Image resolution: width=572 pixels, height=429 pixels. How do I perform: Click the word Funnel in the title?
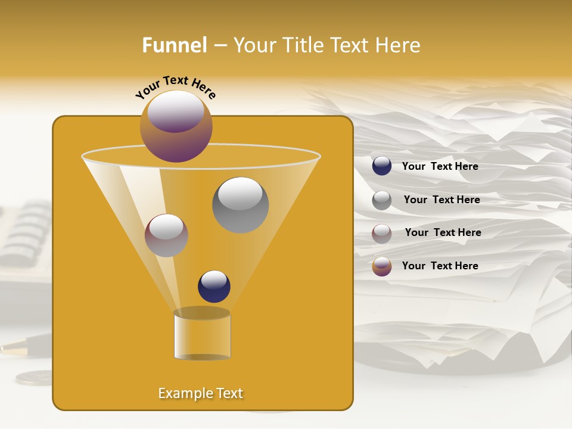174,45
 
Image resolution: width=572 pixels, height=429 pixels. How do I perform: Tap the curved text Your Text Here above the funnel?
175,86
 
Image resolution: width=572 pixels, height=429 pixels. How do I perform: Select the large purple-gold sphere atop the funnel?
176,126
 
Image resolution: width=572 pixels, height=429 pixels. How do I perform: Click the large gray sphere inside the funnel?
240,204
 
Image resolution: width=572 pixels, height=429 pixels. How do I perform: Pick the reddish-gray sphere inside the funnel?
166,235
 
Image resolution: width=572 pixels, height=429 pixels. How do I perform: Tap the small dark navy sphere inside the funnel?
214,286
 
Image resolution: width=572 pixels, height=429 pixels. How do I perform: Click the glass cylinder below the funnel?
202,335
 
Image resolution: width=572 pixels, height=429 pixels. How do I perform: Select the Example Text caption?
201,393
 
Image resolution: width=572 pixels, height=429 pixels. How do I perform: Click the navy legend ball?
382,166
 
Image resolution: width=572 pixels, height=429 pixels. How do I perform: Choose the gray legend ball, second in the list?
382,200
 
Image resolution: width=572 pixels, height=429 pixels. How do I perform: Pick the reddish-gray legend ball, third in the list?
382,234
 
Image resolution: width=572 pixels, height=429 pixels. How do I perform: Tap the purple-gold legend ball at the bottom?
382,266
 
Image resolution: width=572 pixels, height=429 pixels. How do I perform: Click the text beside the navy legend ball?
440,167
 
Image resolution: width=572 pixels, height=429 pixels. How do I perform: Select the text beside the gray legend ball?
442,200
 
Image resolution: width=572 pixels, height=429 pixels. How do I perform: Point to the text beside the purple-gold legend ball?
440,266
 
